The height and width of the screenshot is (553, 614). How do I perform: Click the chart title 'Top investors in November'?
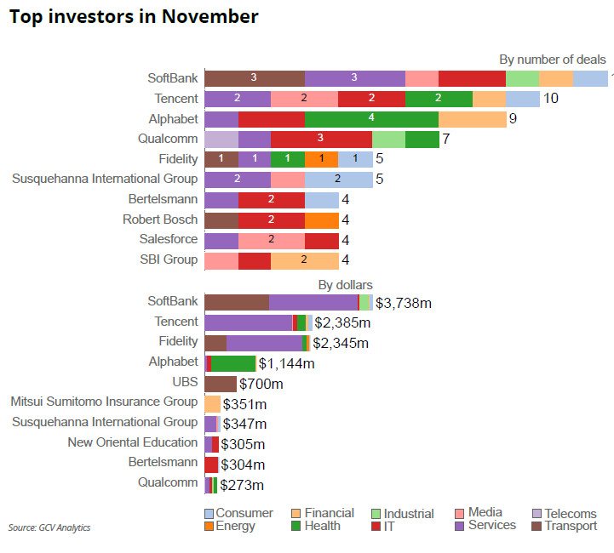pyautogui.click(x=134, y=16)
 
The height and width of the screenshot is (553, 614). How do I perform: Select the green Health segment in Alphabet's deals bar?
pyautogui.click(x=371, y=119)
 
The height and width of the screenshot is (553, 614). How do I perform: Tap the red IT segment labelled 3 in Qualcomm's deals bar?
pyautogui.click(x=321, y=139)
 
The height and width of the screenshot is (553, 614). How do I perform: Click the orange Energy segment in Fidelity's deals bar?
pyautogui.click(x=321, y=159)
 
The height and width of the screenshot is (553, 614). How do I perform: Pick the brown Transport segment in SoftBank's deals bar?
pyautogui.click(x=254, y=78)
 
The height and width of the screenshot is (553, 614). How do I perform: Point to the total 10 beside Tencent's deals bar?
pyautogui.click(x=551, y=99)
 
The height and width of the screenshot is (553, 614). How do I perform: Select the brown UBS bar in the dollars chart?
pyautogui.click(x=221, y=384)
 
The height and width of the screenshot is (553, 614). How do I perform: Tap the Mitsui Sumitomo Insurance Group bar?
pyautogui.click(x=212, y=404)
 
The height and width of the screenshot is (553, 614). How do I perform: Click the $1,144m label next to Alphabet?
pyautogui.click(x=287, y=363)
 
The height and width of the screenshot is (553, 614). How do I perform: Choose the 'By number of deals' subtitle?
pyautogui.click(x=553, y=60)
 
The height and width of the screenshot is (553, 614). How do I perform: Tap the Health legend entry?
pyautogui.click(x=316, y=526)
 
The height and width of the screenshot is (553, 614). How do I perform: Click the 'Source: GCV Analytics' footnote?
pyautogui.click(x=49, y=527)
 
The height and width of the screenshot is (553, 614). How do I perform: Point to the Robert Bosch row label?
pyautogui.click(x=160, y=219)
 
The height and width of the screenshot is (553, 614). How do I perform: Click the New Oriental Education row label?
pyautogui.click(x=133, y=442)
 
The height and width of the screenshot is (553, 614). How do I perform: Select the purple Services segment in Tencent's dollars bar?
pyautogui.click(x=248, y=322)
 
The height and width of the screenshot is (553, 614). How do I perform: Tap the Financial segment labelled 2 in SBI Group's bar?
pyautogui.click(x=304, y=260)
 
